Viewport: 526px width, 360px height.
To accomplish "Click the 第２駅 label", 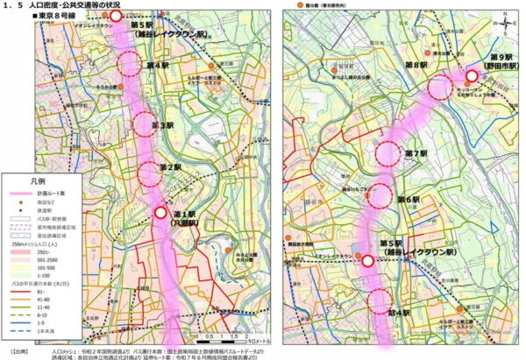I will coord(170,166).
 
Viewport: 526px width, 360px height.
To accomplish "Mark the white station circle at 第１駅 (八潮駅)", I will coord(161,212).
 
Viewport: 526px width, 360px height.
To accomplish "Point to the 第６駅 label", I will coord(409,201).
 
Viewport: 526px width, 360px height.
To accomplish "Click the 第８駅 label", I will coord(414,66).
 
